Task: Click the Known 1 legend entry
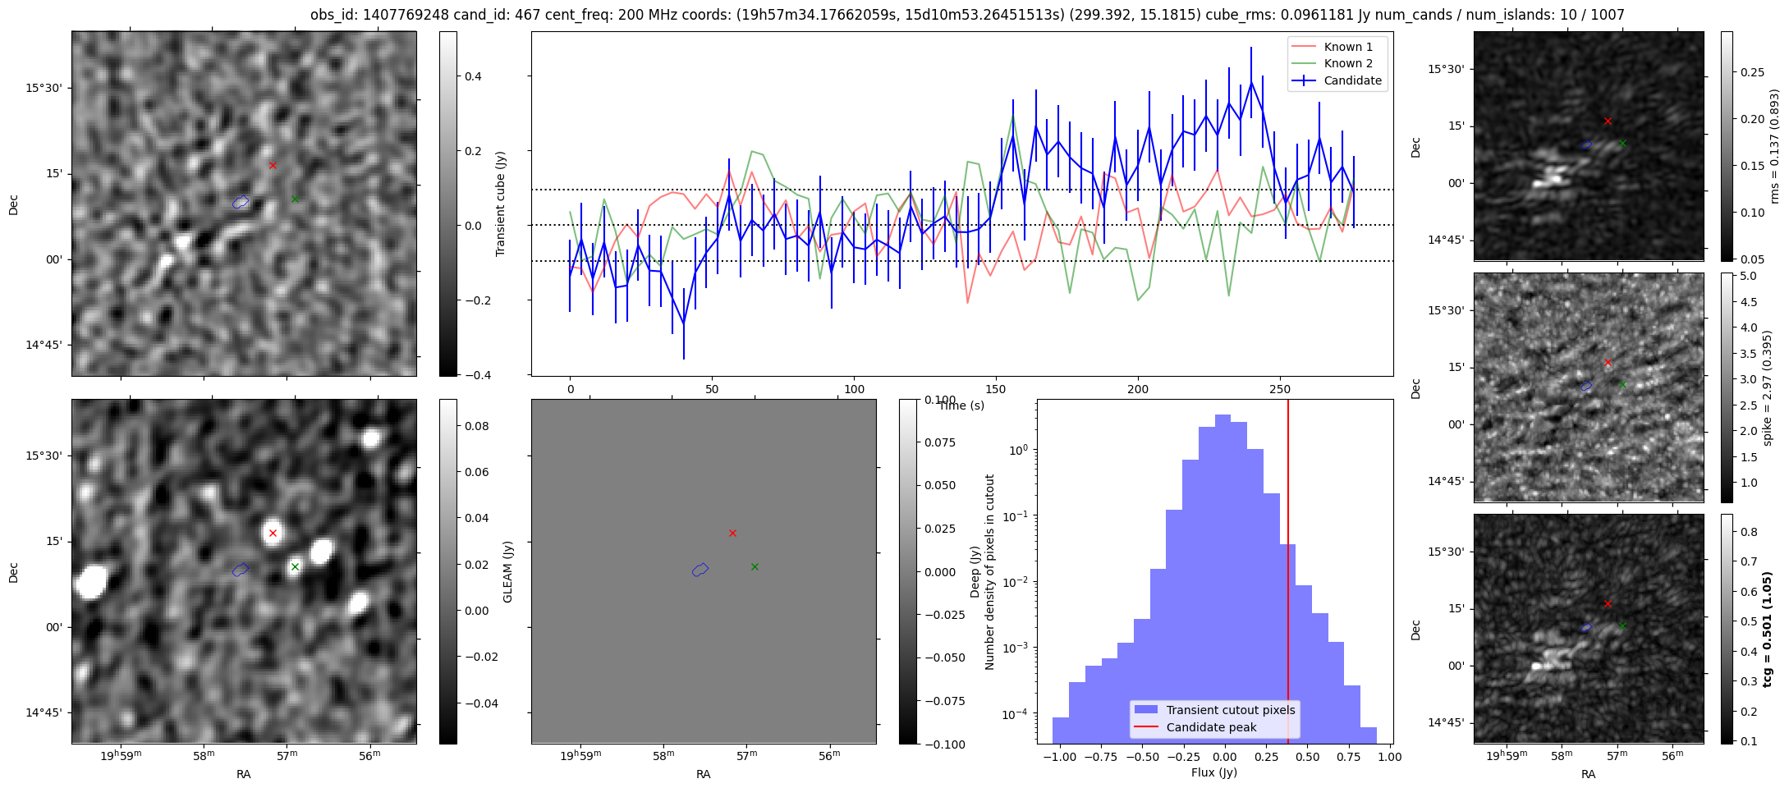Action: (x=1347, y=47)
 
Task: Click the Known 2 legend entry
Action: (x=1347, y=63)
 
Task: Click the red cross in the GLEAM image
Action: (x=273, y=534)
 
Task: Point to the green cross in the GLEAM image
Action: (x=295, y=566)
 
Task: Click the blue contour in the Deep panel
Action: (x=700, y=570)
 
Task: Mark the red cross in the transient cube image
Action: (x=273, y=165)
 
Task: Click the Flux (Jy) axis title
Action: (x=1213, y=772)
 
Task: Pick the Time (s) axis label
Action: (x=961, y=405)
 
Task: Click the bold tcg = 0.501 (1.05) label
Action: (x=1767, y=630)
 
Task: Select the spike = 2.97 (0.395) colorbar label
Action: (x=1767, y=387)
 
